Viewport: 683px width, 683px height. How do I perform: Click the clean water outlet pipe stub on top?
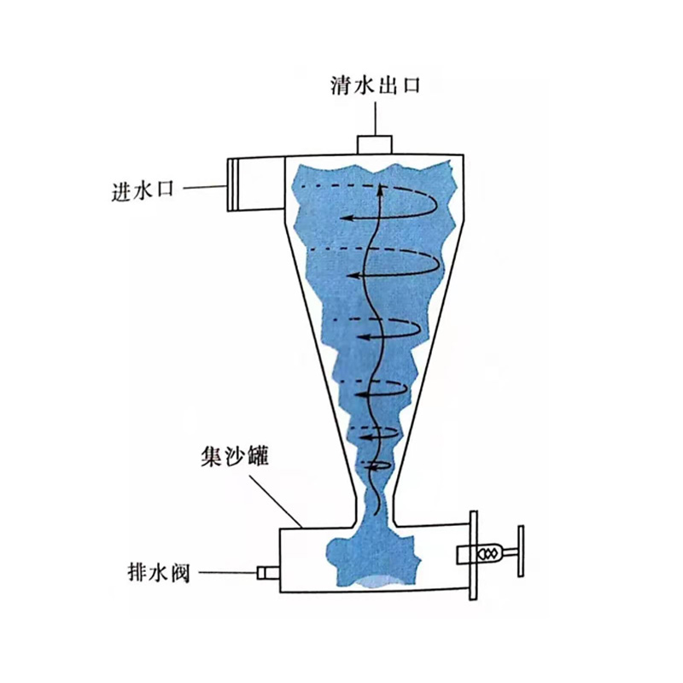coord(373,144)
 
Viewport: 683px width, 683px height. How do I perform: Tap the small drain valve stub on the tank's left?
coord(268,571)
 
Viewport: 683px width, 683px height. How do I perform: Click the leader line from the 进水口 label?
coord(205,187)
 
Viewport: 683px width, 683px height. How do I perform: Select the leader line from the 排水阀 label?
coord(228,571)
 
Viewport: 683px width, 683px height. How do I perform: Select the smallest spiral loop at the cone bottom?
coord(379,464)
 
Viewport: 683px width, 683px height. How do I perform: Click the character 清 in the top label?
coord(339,85)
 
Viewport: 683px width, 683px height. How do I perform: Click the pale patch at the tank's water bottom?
coord(375,584)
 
